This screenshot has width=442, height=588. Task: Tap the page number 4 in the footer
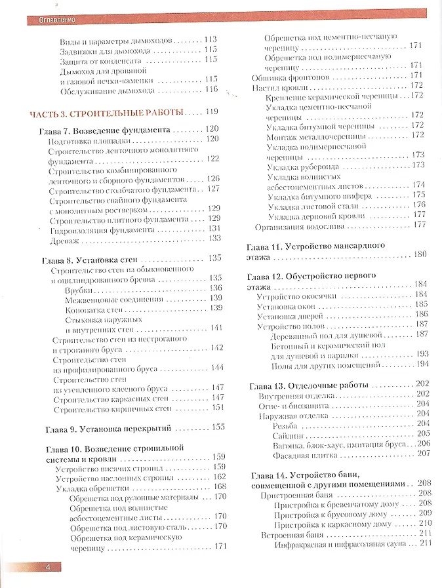[x=47, y=567]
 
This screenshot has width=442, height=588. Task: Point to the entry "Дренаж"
[x=65, y=239]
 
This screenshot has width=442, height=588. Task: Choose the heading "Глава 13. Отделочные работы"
[x=310, y=384]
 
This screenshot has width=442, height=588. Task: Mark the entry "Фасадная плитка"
[x=308, y=453]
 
